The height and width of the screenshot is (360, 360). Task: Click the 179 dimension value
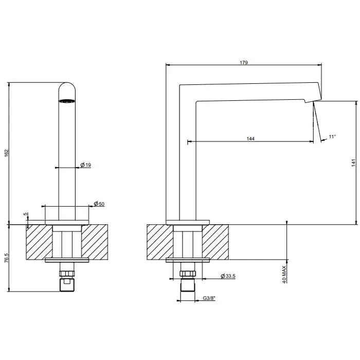coord(244,62)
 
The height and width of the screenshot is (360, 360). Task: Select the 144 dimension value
coord(250,139)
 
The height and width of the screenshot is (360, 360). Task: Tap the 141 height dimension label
coord(354,163)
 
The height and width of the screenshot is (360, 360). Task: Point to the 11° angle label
coord(332,137)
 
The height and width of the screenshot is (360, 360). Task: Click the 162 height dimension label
coord(7,153)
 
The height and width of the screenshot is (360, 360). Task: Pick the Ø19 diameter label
coord(86,165)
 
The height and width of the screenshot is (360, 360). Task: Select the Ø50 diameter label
coord(99,204)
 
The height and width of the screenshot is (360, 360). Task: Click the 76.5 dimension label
coord(7,258)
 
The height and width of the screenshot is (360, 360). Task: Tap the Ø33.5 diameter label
coord(228,276)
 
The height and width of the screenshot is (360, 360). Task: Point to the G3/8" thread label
coord(209,298)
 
